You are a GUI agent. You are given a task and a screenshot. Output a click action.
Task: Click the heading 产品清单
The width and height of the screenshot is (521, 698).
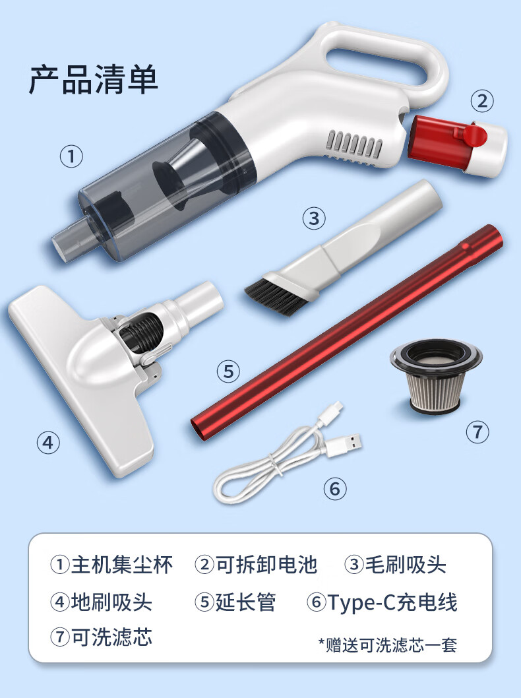94,80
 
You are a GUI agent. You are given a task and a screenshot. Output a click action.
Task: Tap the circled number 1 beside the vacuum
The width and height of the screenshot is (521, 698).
71,157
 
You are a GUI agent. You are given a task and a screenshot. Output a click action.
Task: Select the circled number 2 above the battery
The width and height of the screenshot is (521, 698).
482,101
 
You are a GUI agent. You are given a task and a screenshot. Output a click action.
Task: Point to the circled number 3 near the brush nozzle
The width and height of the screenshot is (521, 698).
314,218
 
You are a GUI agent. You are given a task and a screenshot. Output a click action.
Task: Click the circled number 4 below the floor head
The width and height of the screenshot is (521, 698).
48,443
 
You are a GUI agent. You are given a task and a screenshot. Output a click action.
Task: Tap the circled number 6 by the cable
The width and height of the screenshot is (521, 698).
334,489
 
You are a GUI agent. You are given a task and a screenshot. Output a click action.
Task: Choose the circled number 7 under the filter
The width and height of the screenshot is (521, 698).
477,432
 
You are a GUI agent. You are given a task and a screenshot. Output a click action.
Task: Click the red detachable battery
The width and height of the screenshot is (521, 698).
458,144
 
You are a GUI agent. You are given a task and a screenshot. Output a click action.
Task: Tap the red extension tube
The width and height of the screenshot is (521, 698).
347,333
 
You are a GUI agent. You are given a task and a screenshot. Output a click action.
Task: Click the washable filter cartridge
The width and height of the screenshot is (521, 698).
436,376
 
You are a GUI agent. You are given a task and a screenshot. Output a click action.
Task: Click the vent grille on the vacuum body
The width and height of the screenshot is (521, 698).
355,144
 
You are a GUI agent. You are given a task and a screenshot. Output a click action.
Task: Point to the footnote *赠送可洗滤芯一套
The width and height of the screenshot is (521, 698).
388,645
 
